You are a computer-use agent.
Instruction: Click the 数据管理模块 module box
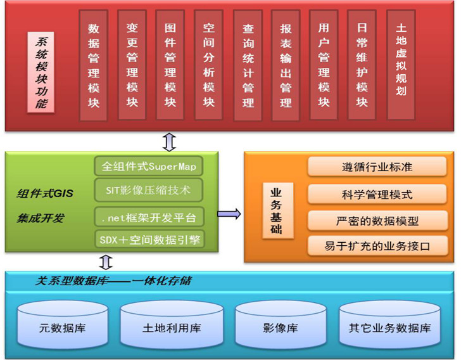coord(94,65)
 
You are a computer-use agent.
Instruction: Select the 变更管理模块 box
coord(132,65)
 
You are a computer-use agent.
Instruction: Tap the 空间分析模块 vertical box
coord(208,65)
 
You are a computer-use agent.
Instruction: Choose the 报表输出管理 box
coord(286,65)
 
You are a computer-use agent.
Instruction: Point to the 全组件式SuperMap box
coord(149,167)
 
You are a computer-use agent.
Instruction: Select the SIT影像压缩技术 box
coord(149,190)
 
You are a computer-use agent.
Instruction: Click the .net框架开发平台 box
coord(149,218)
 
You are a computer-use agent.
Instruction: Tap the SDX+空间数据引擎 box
coord(149,240)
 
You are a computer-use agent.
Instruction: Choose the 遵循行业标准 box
coord(377,167)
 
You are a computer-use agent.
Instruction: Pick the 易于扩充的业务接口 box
coord(377,245)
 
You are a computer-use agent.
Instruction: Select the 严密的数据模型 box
coord(377,221)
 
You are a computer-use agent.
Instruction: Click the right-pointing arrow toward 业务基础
coord(230,214)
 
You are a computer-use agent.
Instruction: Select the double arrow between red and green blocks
coord(169,141)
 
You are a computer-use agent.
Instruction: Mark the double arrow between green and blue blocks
coord(106,262)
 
